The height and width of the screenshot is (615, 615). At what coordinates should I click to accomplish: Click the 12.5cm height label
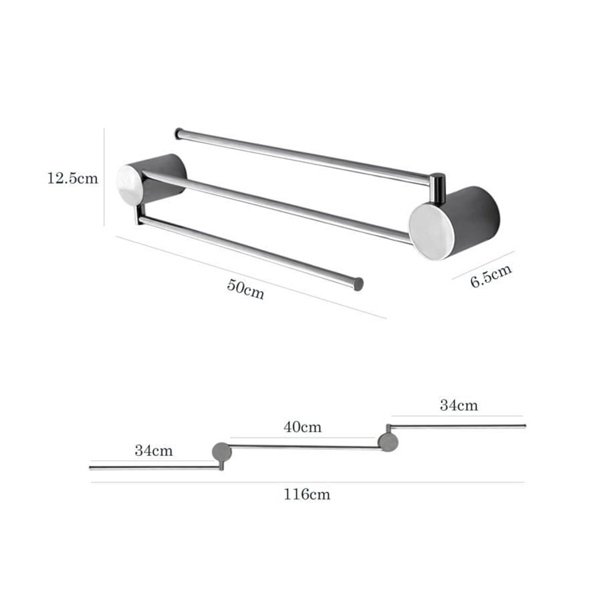pyautogui.click(x=73, y=178)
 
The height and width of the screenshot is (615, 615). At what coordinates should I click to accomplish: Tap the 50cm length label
pyautogui.click(x=245, y=289)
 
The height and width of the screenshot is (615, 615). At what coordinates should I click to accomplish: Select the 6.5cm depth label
pyautogui.click(x=491, y=275)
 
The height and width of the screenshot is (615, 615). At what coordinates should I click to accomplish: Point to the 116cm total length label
pyautogui.click(x=307, y=494)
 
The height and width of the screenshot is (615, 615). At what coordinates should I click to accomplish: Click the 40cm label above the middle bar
pyautogui.click(x=302, y=426)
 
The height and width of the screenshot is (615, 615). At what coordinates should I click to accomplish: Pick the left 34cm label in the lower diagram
pyautogui.click(x=154, y=451)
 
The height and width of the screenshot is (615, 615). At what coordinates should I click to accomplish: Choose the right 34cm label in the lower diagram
pyautogui.click(x=459, y=405)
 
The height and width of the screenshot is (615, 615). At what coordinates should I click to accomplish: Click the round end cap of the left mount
pyautogui.click(x=130, y=185)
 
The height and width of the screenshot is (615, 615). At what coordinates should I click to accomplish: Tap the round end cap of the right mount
pyautogui.click(x=431, y=231)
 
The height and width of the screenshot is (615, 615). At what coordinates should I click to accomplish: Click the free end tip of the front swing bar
pyautogui.click(x=358, y=284)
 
